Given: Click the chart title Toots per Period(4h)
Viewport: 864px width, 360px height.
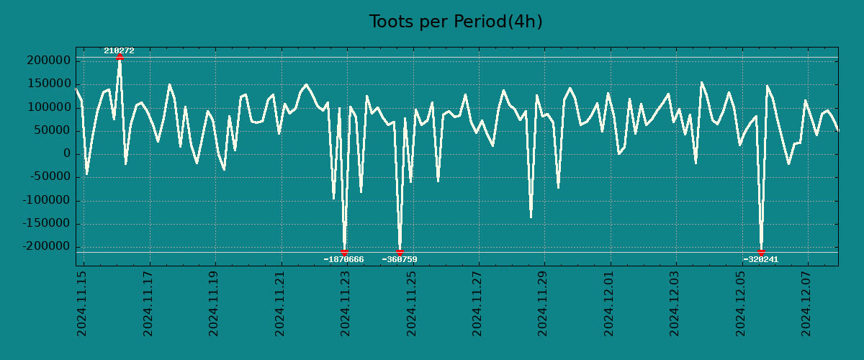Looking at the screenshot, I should (456, 22).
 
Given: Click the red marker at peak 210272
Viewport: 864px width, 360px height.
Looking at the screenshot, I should (120, 57).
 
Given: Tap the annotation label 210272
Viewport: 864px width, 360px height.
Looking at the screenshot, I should (119, 50).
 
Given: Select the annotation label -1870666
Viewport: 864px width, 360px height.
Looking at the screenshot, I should (343, 259).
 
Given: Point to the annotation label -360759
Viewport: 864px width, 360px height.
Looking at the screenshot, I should (400, 259).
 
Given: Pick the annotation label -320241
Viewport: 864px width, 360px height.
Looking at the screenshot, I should (760, 259).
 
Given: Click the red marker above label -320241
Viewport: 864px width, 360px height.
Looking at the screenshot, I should (761, 252).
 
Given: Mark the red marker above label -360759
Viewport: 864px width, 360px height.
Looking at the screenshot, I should (400, 252).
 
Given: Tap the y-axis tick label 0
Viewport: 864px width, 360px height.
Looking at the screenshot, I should (66, 154).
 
